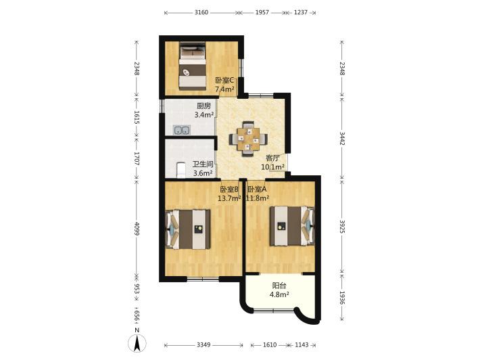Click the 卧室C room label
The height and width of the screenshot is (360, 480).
click(224, 81)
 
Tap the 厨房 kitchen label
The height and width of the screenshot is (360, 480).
click(203, 106)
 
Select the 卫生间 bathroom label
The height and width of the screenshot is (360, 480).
click(203, 164)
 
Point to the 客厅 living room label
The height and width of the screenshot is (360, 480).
click(272, 158)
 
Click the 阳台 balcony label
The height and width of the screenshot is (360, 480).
click(279, 286)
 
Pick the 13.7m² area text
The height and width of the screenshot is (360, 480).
click(229, 198)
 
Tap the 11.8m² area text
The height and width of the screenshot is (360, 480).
click(258, 198)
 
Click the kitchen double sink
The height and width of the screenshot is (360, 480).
click(182, 130)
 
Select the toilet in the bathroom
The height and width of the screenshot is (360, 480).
click(181, 170)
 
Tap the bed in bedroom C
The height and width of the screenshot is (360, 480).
click(192, 66)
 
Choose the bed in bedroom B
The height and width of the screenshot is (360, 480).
click(188, 229)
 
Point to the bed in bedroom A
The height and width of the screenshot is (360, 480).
click(292, 226)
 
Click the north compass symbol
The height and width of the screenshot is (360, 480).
click(137, 341)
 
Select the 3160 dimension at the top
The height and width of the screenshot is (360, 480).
click(201, 13)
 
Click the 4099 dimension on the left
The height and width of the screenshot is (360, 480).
click(137, 229)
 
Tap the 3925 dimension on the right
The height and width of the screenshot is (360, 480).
click(342, 226)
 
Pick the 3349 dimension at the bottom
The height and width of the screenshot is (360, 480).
click(203, 345)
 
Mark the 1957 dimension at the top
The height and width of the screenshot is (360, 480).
click(262, 13)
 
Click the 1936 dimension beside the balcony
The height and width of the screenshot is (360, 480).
click(342, 298)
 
